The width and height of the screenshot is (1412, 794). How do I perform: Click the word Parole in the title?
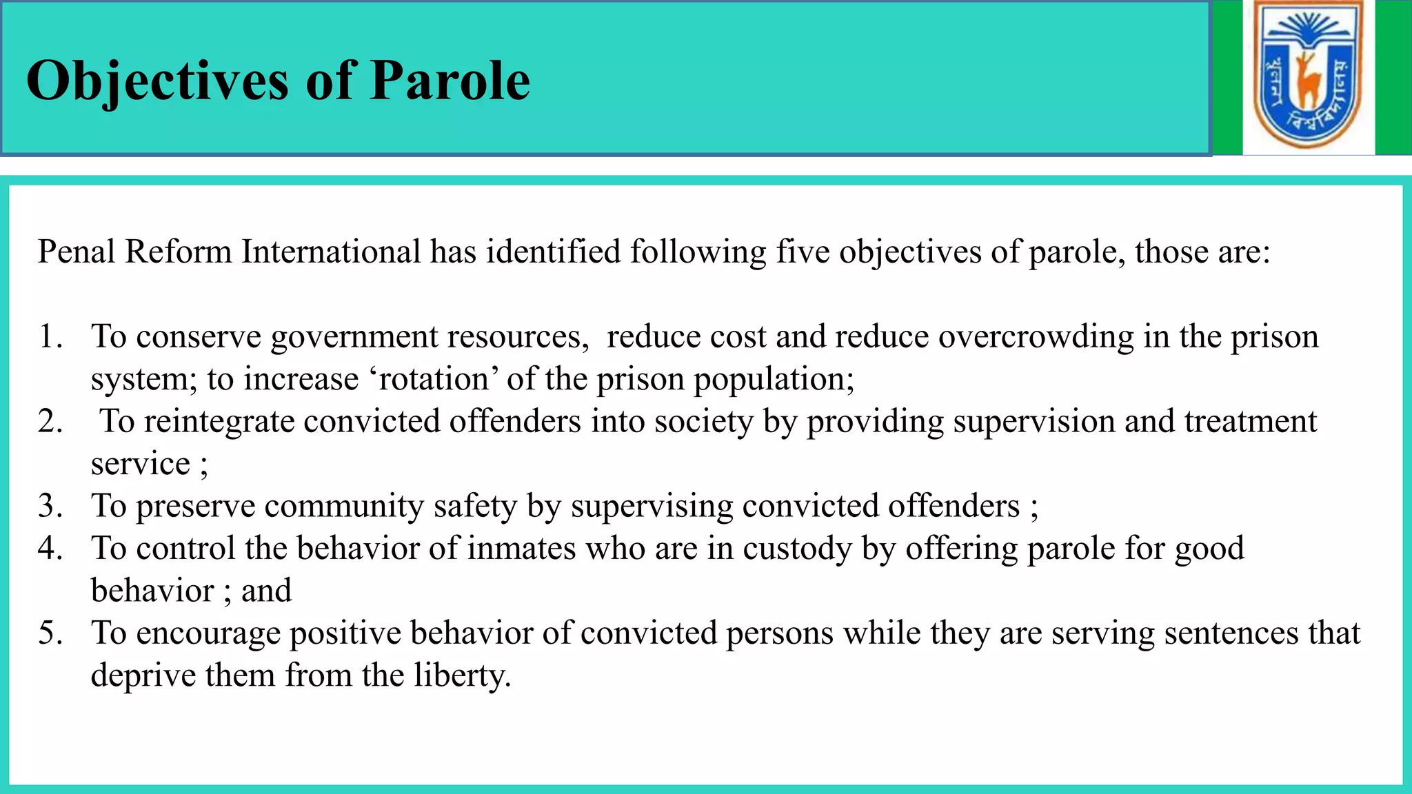click(x=450, y=81)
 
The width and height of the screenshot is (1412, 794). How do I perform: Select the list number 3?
click(x=50, y=506)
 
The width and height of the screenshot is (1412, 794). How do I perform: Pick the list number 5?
click(x=50, y=633)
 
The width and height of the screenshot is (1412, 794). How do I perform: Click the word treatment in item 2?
click(x=1250, y=421)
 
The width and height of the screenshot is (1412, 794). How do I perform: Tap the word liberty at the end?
click(x=461, y=675)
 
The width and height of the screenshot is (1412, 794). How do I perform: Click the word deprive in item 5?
click(x=143, y=675)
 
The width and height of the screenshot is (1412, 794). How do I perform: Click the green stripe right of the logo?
click(x=1393, y=77)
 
